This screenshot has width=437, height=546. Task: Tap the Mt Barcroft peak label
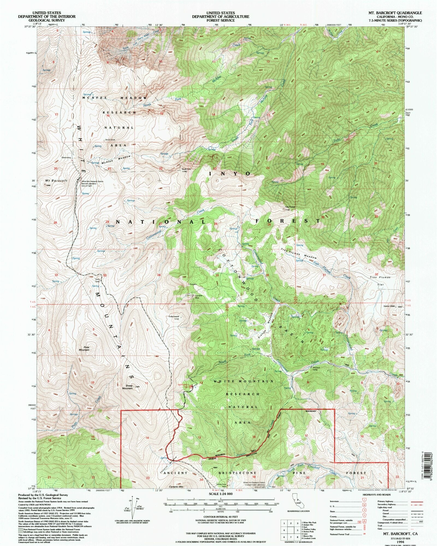56,181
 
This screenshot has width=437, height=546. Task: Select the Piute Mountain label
84,349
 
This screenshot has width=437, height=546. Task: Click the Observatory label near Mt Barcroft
66,157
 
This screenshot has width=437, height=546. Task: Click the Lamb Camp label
97,280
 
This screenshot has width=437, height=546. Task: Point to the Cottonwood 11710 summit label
174,318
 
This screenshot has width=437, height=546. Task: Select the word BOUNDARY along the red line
311,411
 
